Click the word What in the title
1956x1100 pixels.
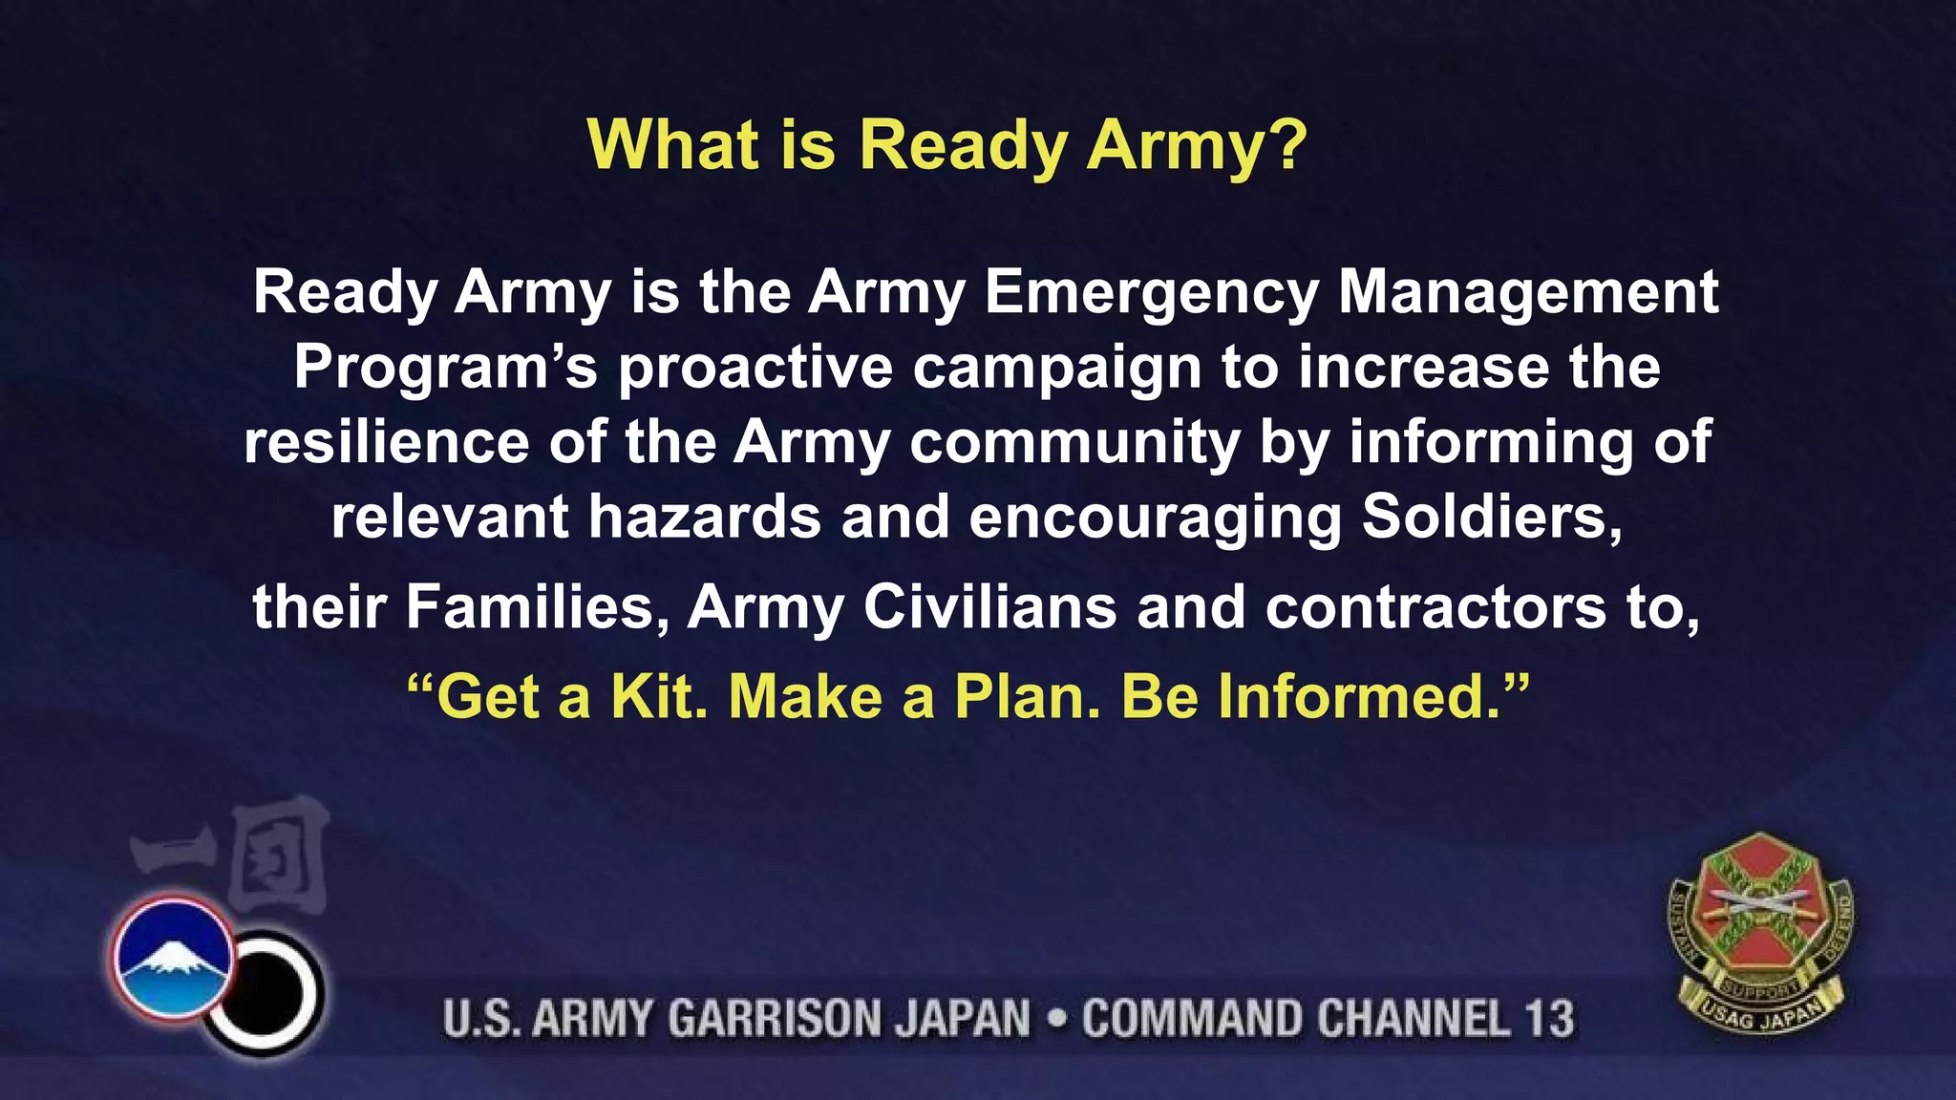pos(673,145)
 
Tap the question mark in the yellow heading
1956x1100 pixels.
pos(1288,145)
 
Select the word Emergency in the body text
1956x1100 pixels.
pos(1151,292)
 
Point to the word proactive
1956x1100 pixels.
pos(755,369)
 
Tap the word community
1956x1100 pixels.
pos(1074,444)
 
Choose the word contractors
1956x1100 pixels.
pos(1435,608)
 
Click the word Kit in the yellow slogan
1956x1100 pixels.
pos(659,696)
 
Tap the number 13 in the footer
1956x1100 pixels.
pos(1548,1019)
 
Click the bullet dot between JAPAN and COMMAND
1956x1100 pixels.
pos(1056,1019)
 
